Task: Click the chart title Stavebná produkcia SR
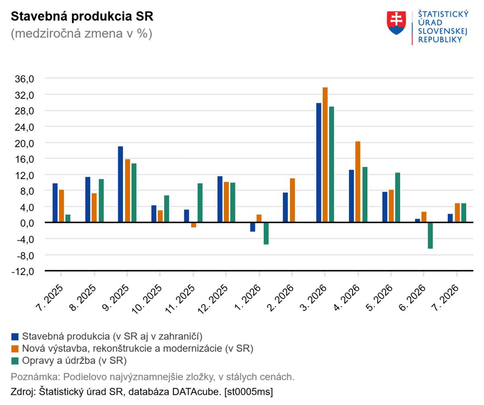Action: pyautogui.click(x=82, y=16)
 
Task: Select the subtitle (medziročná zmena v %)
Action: pyautogui.click(x=81, y=33)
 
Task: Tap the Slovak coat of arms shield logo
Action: pyautogui.click(x=396, y=23)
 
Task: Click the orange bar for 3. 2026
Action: pyautogui.click(x=325, y=154)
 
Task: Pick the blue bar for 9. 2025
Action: pyautogui.click(x=120, y=184)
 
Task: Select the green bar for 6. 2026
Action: pyautogui.click(x=430, y=236)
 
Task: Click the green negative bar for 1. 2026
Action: pyautogui.click(x=266, y=234)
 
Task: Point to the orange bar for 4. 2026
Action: pyautogui.click(x=358, y=182)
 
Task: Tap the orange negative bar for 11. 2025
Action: pyautogui.click(x=194, y=225)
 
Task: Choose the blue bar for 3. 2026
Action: pyautogui.click(x=319, y=163)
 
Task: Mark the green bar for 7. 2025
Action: pyautogui.click(x=68, y=218)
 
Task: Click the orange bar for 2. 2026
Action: pyautogui.click(x=292, y=200)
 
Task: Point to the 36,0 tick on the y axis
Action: pyautogui.click(x=24, y=79)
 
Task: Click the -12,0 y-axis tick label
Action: pyautogui.click(x=23, y=271)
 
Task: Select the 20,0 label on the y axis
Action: pyautogui.click(x=24, y=144)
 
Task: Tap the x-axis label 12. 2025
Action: pyautogui.click(x=213, y=299)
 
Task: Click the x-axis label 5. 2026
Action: pyautogui.click(x=379, y=297)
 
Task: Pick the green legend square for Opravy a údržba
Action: pyautogui.click(x=15, y=361)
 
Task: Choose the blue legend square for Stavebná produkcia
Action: pyautogui.click(x=15, y=336)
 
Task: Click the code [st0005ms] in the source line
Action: pyautogui.click(x=248, y=392)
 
